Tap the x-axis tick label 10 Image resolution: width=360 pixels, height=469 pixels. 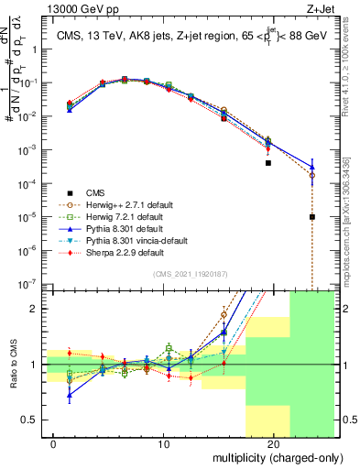(x=164, y=444)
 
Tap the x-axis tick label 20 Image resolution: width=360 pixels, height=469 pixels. (x=273, y=444)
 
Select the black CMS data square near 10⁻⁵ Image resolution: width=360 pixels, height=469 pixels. (x=312, y=217)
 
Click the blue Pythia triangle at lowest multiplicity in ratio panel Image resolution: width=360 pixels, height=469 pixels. (x=71, y=396)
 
